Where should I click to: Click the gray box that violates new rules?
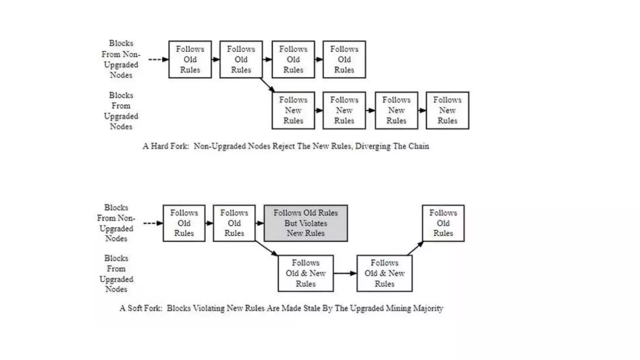pyautogui.click(x=306, y=223)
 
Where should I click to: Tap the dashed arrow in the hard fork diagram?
pyautogui.click(x=158, y=59)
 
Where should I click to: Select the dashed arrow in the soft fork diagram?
pyautogui.click(x=153, y=223)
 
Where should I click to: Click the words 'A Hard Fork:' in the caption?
pyautogui.click(x=166, y=146)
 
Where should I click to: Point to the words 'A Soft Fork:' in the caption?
pyautogui.click(x=141, y=308)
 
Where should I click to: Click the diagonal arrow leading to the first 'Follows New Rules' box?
pyautogui.click(x=267, y=85)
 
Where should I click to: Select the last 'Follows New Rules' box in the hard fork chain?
pyautogui.click(x=447, y=110)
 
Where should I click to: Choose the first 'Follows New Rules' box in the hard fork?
pyautogui.click(x=293, y=110)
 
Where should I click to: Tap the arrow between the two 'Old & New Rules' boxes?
pyautogui.click(x=345, y=273)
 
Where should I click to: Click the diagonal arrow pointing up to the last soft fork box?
pyautogui.click(x=415, y=248)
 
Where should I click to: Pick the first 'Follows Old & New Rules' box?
pyautogui.click(x=306, y=273)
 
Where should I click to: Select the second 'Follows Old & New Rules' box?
pyautogui.click(x=384, y=273)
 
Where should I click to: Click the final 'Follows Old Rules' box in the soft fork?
pyautogui.click(x=443, y=223)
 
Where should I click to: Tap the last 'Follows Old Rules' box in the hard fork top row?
pyautogui.click(x=344, y=59)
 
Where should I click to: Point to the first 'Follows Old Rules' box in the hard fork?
pyautogui.click(x=190, y=59)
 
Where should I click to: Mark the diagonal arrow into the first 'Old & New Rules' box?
pyautogui.click(x=267, y=248)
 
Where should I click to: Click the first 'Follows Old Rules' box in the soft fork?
pyautogui.click(x=184, y=223)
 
